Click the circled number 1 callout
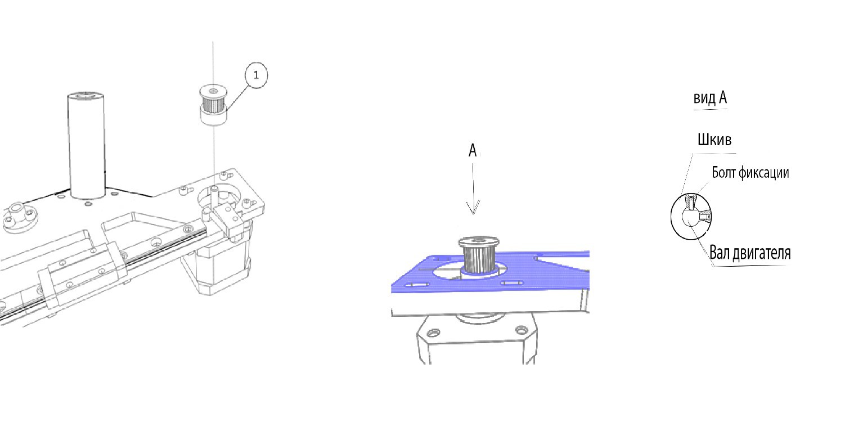tap(257, 75)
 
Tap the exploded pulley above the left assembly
tap(213, 105)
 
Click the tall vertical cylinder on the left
tap(86, 145)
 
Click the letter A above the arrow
tap(473, 150)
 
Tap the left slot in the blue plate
tap(417, 285)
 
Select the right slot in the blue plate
tap(511, 282)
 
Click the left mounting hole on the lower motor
tap(433, 333)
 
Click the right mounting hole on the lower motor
tap(522, 330)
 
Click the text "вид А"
tap(710, 98)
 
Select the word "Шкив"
tap(714, 140)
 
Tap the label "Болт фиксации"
tap(750, 173)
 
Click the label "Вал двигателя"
tap(750, 253)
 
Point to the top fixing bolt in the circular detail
tap(691, 202)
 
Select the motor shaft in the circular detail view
tap(690, 218)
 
